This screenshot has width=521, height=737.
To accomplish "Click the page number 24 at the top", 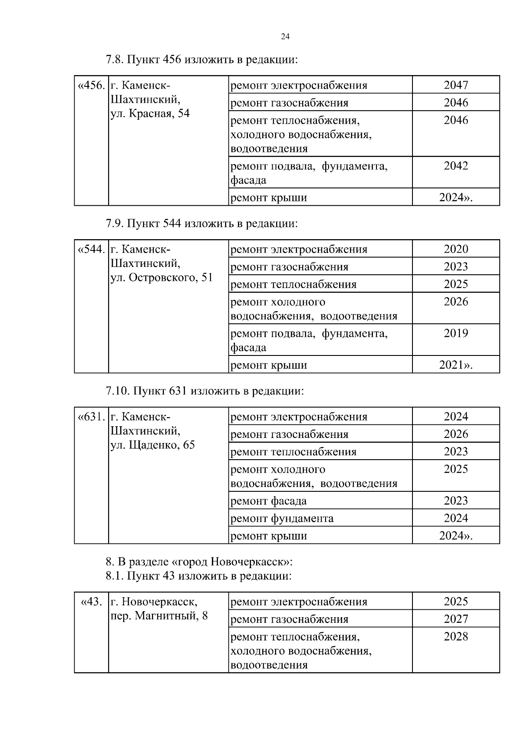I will coord(285,36).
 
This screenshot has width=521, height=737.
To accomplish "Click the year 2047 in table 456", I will coord(455,85).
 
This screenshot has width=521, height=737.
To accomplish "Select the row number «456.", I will coord(91,85).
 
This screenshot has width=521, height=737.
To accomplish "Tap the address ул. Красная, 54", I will coord(150,114).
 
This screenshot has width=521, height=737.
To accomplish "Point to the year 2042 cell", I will coord(455,166).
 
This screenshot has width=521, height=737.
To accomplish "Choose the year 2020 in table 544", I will coord(455,249).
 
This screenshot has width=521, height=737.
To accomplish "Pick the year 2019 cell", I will coord(455,333).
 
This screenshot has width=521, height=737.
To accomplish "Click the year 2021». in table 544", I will coord(455,365).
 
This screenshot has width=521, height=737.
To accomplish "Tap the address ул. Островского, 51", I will coord(162,277).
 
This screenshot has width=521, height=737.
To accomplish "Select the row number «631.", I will coord(91,417).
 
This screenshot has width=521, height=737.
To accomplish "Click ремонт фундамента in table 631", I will coord(282,518).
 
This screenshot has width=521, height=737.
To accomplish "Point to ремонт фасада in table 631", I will coord(268,501).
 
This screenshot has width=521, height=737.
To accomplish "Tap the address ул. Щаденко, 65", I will coord(152,445).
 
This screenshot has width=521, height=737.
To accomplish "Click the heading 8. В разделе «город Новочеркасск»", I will coord(199,562).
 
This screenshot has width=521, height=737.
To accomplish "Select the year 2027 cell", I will coord(455,619).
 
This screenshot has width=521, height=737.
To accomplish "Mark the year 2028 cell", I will coord(455,637).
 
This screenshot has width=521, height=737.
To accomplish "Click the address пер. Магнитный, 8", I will coord(159,616).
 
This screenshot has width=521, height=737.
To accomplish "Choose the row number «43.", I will coord(92,602).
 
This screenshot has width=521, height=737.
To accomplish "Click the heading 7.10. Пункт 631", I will coord(205,391).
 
